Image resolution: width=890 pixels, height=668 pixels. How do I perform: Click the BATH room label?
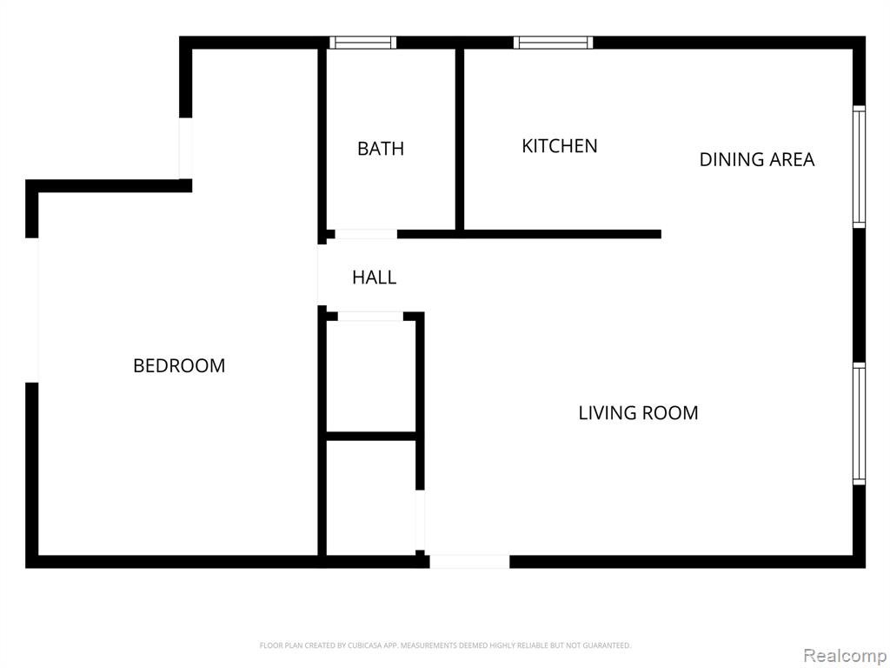coord(381,149)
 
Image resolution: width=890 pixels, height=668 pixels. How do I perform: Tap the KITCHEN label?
coord(560,146)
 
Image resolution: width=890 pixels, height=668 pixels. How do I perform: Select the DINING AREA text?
coord(757,160)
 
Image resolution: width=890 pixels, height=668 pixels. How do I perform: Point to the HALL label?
coord(374,277)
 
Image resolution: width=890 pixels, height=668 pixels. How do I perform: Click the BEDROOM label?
coord(179,365)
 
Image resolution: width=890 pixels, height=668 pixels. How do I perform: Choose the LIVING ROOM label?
coord(638,413)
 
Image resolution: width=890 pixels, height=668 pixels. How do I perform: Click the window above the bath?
coord(363,43)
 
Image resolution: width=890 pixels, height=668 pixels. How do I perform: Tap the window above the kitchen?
coord(554,43)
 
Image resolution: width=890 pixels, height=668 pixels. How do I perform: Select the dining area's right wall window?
coord(860,167)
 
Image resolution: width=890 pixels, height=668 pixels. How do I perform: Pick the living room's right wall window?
coord(860,424)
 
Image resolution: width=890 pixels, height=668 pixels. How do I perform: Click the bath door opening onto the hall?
coord(366,234)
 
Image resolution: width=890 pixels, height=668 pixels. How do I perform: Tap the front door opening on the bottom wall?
coord(469,562)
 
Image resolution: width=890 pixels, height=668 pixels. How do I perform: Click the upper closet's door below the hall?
coord(370,317)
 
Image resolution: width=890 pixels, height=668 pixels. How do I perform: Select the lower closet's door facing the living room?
coord(420,520)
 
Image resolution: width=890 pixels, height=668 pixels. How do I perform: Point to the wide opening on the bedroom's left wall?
coord(32,311)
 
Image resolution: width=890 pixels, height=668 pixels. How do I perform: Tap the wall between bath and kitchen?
coord(460,139)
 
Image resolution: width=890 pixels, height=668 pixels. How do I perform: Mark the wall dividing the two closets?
coord(371,437)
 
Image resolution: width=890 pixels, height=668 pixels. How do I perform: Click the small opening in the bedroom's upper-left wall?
coord(186,148)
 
